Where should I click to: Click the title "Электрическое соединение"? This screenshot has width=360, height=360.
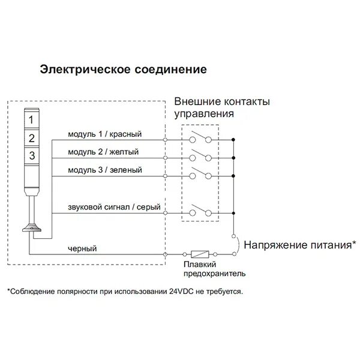tap(123, 69)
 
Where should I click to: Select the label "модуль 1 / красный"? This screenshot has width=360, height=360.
tap(106, 134)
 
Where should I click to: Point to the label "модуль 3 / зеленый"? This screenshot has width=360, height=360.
tap(105, 170)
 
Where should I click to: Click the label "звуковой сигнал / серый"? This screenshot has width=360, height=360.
tap(114, 208)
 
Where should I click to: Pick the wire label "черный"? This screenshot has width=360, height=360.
tap(82, 248)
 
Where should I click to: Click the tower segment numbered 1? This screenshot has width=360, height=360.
tap(32, 120)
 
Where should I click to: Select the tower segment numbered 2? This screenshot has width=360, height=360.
tap(32, 137)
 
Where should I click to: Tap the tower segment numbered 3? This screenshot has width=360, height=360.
tap(32, 155)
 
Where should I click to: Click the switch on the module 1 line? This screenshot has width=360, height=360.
tap(199, 139)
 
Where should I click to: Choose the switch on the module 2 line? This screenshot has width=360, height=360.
tap(199, 157)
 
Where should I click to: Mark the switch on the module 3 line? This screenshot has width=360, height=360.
tap(199, 176)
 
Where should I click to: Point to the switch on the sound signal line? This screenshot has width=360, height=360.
tap(199, 212)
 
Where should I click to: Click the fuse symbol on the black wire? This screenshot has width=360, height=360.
tap(199, 254)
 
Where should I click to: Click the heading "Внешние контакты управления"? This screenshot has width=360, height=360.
tap(221, 106)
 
